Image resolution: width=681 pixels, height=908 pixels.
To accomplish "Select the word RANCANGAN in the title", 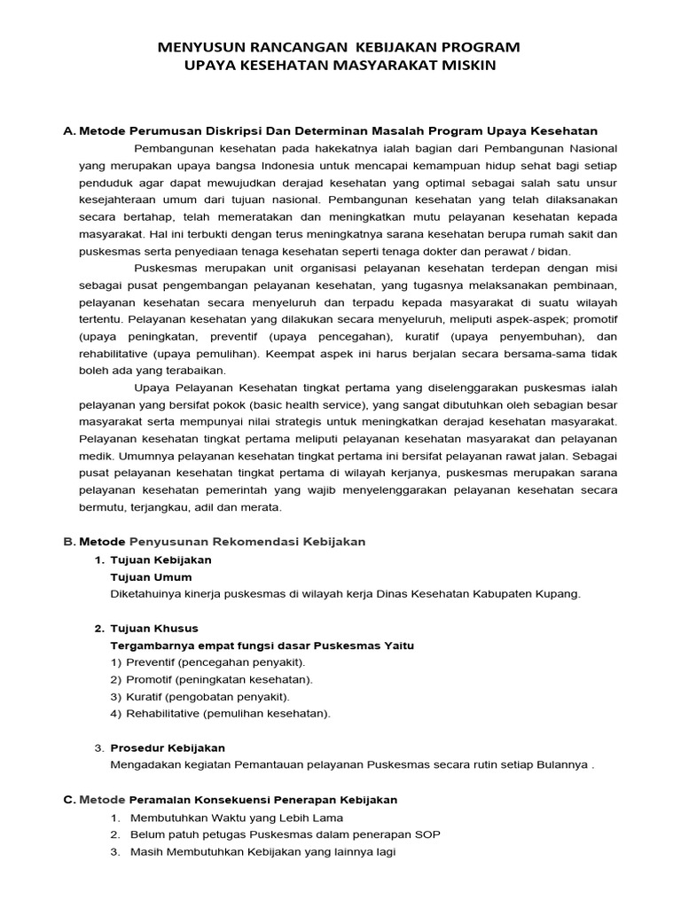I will point(288,46).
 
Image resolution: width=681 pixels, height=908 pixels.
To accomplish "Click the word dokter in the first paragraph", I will point(468,251).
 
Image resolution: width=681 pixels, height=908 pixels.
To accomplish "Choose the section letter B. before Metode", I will point(69,541).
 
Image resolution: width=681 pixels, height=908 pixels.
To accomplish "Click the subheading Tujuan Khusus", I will point(153,628).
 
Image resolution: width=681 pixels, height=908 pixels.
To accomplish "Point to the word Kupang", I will point(559,594).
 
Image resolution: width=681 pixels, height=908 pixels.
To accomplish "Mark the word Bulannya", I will point(560,764).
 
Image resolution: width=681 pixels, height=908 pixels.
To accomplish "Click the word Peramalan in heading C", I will point(168,799).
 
